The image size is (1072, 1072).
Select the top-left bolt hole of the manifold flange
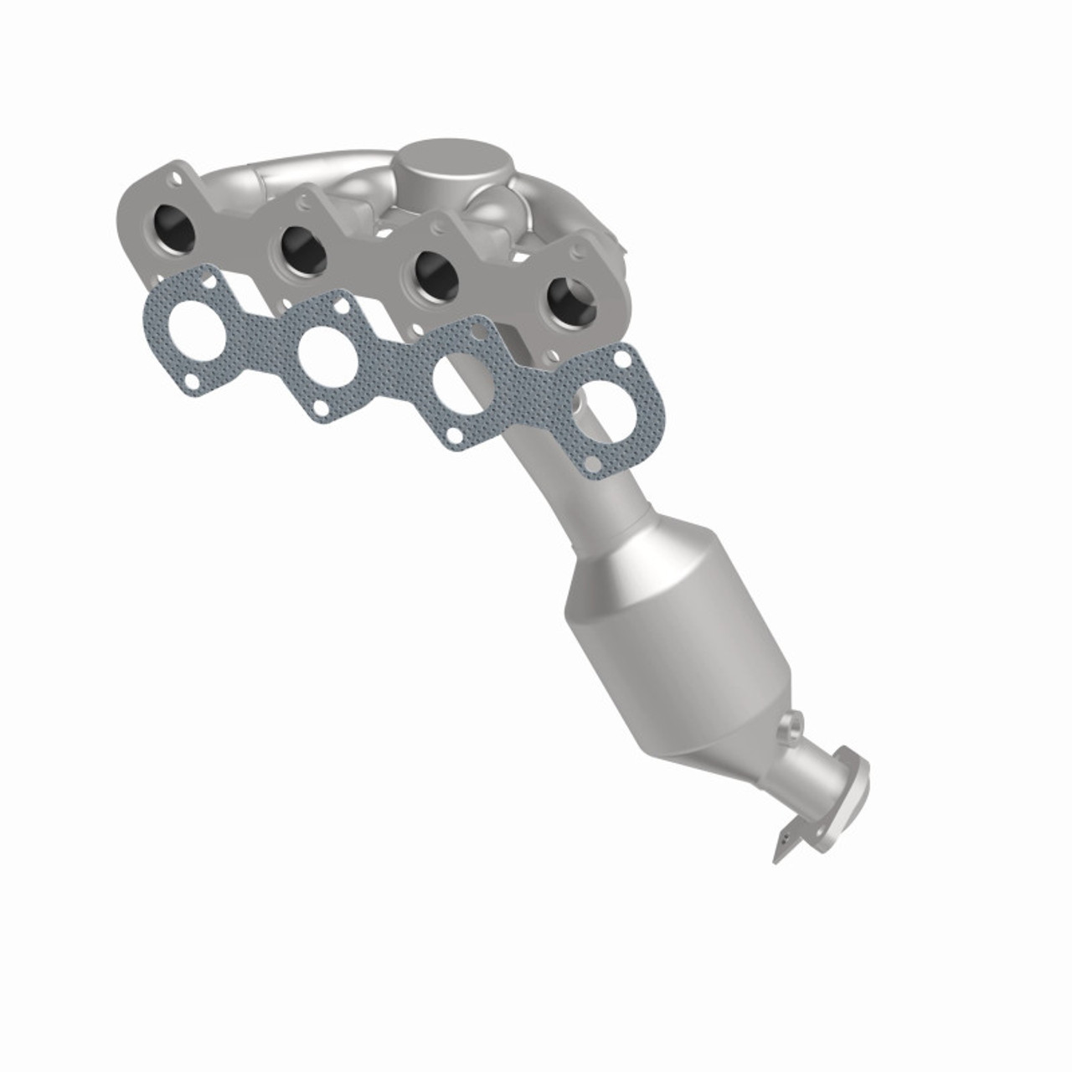click(x=175, y=178)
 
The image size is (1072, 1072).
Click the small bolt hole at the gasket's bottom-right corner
click(x=593, y=463)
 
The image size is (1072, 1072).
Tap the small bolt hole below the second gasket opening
click(x=319, y=408)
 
